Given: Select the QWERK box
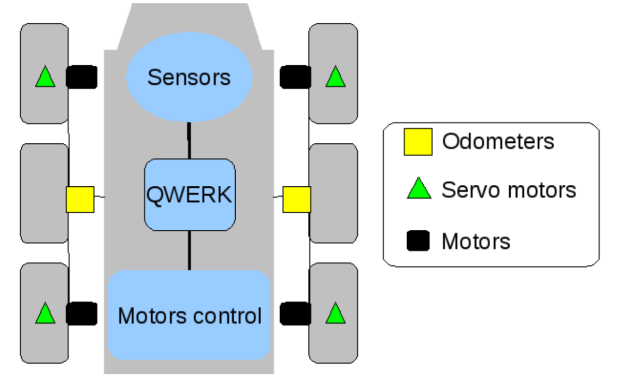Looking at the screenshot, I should (190, 195).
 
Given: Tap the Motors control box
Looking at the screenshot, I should (190, 315).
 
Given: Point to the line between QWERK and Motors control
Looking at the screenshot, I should (190, 250).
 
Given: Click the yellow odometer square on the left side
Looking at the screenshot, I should (80, 199).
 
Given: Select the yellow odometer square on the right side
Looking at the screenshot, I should (297, 199).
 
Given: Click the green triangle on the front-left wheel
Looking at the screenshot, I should (45, 78).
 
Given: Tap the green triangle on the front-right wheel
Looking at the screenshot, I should (335, 78).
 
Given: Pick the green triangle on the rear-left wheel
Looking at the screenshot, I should (45, 314).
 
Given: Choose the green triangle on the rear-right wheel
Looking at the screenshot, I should (335, 314).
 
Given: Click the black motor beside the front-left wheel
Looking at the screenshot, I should (82, 77).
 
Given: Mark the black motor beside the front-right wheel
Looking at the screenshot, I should (295, 77).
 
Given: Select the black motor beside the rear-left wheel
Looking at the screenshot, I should (82, 314).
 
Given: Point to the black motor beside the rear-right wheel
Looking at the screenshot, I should (295, 314).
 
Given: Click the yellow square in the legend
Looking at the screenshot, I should (418, 141).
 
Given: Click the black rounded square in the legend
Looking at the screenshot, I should (418, 241).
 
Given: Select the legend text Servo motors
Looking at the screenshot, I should (509, 190).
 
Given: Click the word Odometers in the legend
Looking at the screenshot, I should (498, 141).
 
